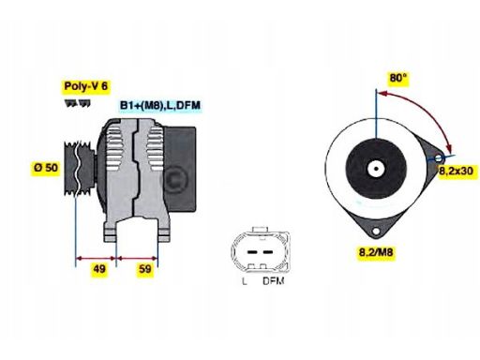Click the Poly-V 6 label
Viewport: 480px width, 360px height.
(x=82, y=86)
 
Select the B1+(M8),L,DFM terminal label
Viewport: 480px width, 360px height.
(x=160, y=105)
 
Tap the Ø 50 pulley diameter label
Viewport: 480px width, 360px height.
(x=44, y=168)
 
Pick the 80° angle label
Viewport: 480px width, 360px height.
(x=399, y=78)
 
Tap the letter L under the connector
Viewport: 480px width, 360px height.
(x=244, y=281)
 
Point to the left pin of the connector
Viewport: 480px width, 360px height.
(x=246, y=251)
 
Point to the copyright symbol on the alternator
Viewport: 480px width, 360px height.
(x=172, y=177)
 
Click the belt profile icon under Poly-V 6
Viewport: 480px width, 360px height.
(x=78, y=102)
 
